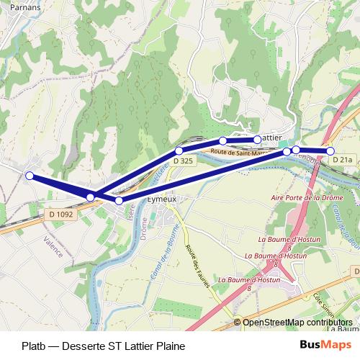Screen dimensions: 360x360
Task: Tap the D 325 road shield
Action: pos(183,161)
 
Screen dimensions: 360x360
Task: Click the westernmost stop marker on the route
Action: pos(30,176)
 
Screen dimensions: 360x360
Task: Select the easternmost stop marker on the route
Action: pos(330,151)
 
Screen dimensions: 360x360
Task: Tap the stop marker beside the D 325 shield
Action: pos(179,150)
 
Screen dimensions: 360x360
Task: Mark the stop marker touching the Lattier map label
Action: pos(256,140)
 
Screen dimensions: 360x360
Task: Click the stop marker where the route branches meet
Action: pos(91,197)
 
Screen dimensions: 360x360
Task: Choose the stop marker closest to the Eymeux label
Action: pos(120,200)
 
